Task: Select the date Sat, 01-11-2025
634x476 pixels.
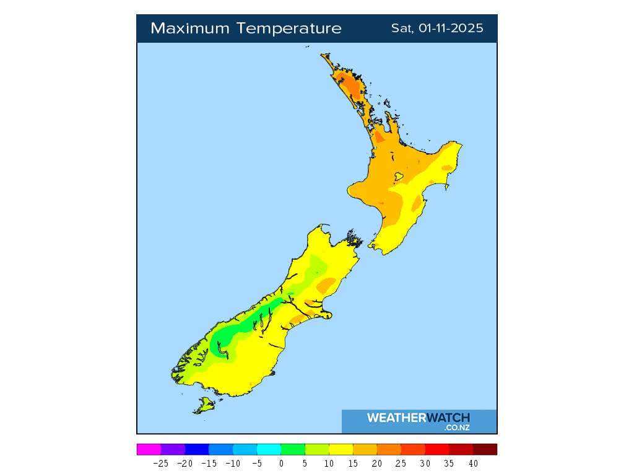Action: pyautogui.click(x=437, y=29)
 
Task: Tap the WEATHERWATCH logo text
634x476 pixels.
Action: pyautogui.click(x=419, y=418)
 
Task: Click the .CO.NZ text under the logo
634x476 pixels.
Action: pyautogui.click(x=457, y=428)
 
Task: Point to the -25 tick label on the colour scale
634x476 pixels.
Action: pyautogui.click(x=160, y=463)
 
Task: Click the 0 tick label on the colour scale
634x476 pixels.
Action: pyautogui.click(x=281, y=463)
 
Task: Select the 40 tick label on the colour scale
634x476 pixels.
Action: pyautogui.click(x=473, y=463)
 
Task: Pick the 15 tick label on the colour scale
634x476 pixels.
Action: pyautogui.click(x=353, y=463)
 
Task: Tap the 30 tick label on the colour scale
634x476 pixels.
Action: pyautogui.click(x=425, y=463)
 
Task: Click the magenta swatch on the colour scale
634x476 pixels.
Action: pyautogui.click(x=149, y=449)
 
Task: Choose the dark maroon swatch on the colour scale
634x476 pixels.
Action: pyautogui.click(x=485, y=449)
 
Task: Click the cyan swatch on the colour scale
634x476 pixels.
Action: pyautogui.click(x=269, y=449)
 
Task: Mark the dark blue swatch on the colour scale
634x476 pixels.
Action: pyautogui.click(x=197, y=449)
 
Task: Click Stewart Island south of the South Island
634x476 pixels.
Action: pyautogui.click(x=204, y=406)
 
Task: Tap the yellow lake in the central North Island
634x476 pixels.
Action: pyautogui.click(x=399, y=177)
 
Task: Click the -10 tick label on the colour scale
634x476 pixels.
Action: pyautogui.click(x=233, y=463)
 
